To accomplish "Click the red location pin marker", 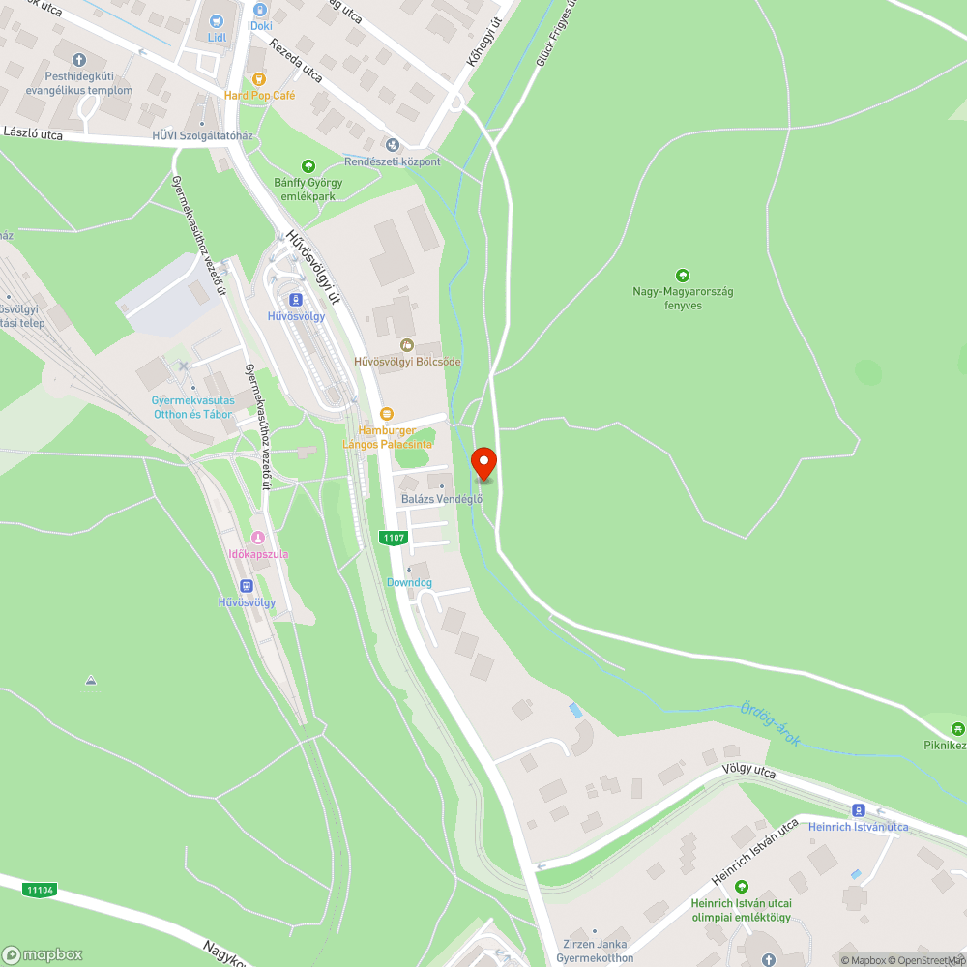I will pyautogui.click(x=483, y=463).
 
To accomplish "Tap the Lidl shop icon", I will pyautogui.click(x=216, y=20).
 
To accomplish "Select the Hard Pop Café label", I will pyautogui.click(x=259, y=95).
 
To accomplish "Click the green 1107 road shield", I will pyautogui.click(x=394, y=537).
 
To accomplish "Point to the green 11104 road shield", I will pyautogui.click(x=40, y=890).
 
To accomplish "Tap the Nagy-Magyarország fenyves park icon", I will pyautogui.click(x=683, y=276).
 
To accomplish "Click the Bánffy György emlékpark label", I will pyautogui.click(x=308, y=189).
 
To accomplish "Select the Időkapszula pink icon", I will pyautogui.click(x=257, y=538).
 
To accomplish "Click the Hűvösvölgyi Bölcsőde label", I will pyautogui.click(x=407, y=362).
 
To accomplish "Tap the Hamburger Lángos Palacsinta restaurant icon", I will pyautogui.click(x=387, y=413).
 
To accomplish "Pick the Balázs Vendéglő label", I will pyautogui.click(x=441, y=499).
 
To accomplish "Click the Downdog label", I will pyautogui.click(x=409, y=583).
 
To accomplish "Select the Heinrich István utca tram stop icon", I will pyautogui.click(x=858, y=809).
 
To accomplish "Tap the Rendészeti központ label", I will pyautogui.click(x=393, y=161).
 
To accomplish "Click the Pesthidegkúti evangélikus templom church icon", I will pyautogui.click(x=79, y=58).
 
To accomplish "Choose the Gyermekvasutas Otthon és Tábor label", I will pyautogui.click(x=192, y=407).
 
